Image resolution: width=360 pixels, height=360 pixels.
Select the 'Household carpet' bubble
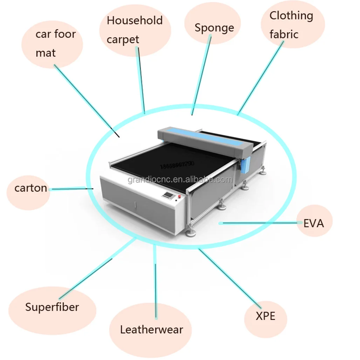coord(135,30)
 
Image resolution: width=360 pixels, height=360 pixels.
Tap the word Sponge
coord(214,28)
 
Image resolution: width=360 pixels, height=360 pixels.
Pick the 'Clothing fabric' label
coord(291,25)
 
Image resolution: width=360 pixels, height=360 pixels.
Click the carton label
coord(30,188)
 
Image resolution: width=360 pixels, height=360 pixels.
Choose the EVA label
coord(313,223)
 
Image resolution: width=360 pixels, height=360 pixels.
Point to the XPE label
coord(265,316)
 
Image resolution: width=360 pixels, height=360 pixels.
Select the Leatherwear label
coord(151,330)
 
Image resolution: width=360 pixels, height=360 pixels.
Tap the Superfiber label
coord(52,307)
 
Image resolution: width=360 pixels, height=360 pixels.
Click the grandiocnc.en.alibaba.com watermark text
coord(180,180)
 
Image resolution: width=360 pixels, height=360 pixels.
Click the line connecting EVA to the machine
coord(259,223)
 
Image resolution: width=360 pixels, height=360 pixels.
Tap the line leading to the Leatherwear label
coord(155,280)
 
